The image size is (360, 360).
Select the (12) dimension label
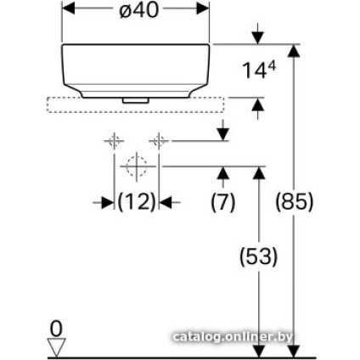point(138,203)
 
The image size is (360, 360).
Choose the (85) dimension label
point(295,203)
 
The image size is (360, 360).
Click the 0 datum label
point(57,328)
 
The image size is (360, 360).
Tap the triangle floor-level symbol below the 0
point(57,346)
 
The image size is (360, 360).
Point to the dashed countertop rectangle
point(136,105)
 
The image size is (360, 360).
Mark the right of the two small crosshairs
point(159,138)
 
